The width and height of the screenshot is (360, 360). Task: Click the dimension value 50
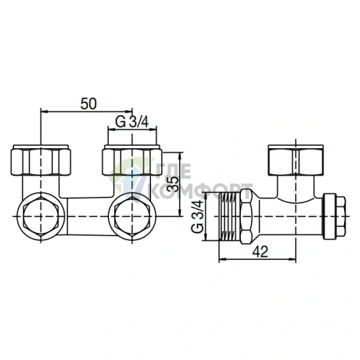coord(89,104)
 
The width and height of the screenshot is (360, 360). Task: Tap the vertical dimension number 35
coord(172,184)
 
